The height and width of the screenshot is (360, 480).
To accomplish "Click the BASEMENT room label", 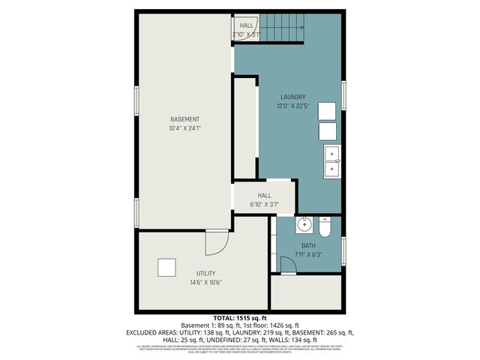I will (184, 120).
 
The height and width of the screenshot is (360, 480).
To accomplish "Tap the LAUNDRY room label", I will (293, 97).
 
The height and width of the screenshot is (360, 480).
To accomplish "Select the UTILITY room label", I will (205, 273).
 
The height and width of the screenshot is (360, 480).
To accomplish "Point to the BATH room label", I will (309, 245).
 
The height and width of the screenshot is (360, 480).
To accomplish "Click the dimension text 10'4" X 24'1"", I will (184, 128).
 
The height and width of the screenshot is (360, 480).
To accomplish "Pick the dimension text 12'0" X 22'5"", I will (293, 106).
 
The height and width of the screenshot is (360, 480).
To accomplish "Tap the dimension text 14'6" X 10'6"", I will (205, 283).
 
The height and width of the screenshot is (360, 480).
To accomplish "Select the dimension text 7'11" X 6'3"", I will (309, 254).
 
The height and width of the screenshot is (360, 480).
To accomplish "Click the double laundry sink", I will (331, 160).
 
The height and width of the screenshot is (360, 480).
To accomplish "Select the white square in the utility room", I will (166, 268).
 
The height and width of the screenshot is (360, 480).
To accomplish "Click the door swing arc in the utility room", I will (217, 243).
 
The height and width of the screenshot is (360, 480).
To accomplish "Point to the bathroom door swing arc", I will (287, 265).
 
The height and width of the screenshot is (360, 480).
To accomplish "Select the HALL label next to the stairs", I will (246, 25).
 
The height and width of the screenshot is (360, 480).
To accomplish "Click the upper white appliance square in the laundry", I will (326, 110).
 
